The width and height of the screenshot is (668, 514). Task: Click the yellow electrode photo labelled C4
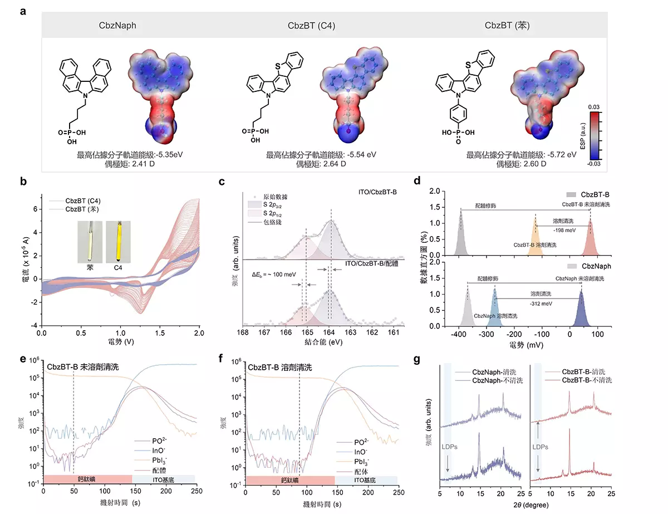(118, 241)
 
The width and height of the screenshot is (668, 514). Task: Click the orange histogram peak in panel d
(536, 238)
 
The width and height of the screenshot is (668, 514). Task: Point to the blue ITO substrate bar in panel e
(164, 479)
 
